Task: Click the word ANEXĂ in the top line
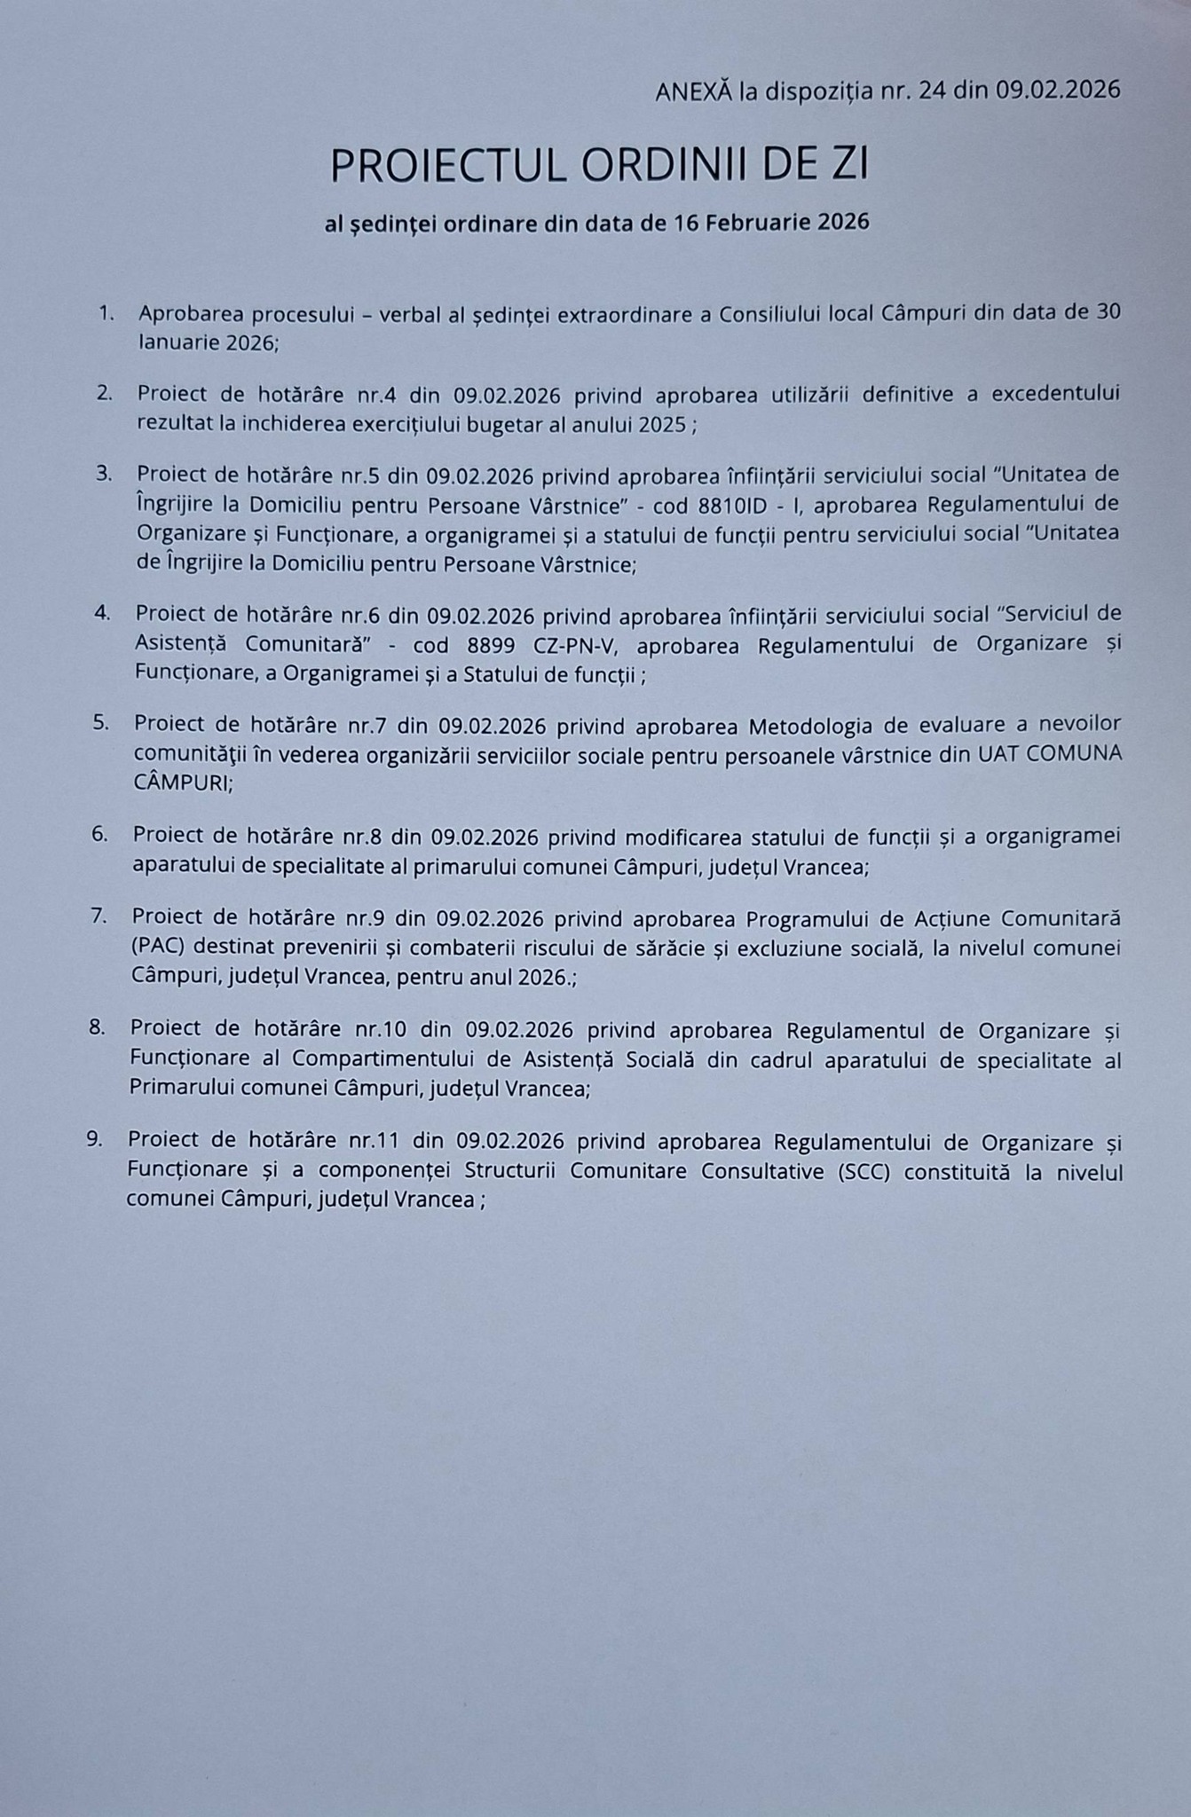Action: click(694, 90)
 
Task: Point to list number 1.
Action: click(106, 313)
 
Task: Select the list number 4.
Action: click(102, 612)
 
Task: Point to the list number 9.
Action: click(95, 1139)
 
